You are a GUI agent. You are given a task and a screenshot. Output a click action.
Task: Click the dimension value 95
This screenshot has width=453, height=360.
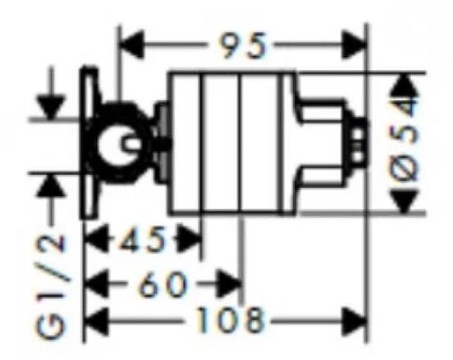(x=242, y=45)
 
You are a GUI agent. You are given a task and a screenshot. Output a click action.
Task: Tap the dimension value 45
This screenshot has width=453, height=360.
(x=140, y=239)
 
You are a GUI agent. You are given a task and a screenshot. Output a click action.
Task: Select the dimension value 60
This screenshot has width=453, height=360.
(x=163, y=285)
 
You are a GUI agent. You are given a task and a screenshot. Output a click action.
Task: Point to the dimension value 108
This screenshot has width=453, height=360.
(x=230, y=321)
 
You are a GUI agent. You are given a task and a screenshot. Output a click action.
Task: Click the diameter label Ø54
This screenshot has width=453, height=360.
(x=404, y=142)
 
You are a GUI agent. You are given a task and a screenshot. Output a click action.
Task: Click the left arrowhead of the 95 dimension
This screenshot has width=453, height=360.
(x=132, y=45)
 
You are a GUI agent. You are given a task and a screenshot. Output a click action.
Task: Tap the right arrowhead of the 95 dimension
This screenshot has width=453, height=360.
(x=354, y=45)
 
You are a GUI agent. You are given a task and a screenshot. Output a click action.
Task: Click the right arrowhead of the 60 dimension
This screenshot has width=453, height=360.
(x=230, y=285)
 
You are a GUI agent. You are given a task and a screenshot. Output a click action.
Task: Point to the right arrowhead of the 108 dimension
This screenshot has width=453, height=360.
(x=354, y=321)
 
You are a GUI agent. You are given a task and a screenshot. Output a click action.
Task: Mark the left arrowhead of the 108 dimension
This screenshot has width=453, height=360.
(x=96, y=321)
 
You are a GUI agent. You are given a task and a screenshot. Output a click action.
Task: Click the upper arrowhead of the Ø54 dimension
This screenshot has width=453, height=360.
(x=404, y=85)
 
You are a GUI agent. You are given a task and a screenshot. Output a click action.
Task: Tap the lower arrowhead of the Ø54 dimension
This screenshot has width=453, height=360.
(x=404, y=202)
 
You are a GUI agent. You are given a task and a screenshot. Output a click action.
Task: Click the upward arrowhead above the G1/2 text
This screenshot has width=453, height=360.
(x=51, y=186)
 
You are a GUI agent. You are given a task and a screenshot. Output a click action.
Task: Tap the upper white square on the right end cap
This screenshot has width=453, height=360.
(x=358, y=135)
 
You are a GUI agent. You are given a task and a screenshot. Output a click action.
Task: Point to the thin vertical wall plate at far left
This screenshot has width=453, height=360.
(x=89, y=143)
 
